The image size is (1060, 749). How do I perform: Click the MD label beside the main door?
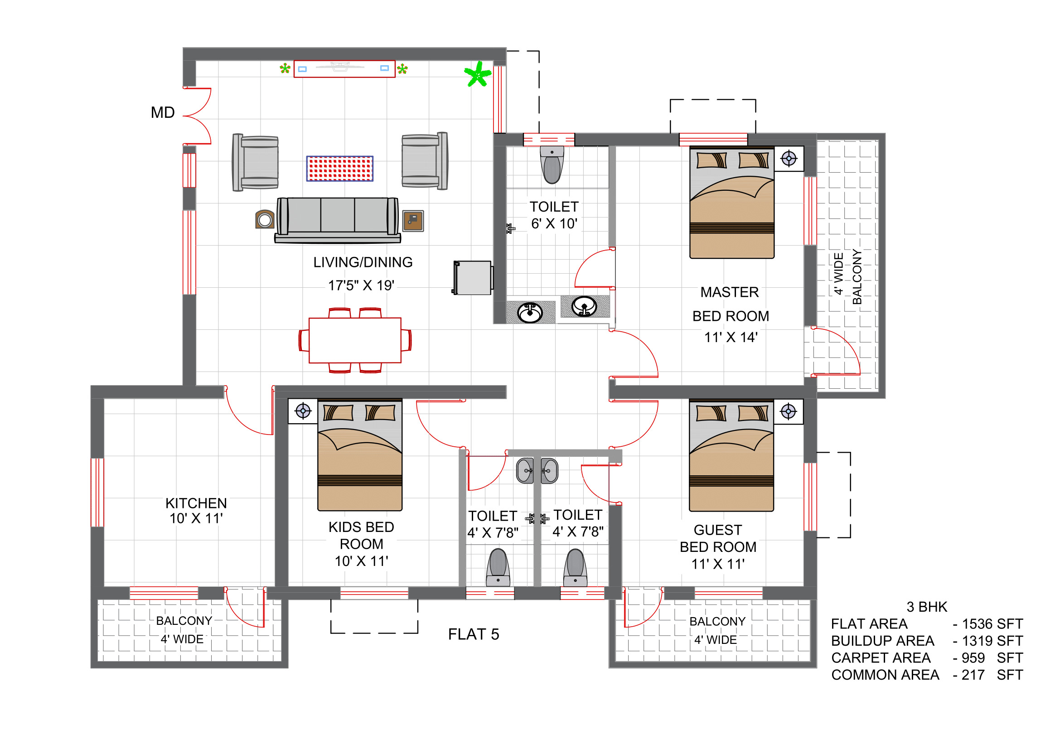(163, 113)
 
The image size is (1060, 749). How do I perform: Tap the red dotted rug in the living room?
(340, 169)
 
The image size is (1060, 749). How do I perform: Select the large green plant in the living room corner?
(477, 74)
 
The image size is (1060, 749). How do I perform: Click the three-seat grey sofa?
(338, 220)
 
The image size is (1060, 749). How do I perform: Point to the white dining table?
(355, 340)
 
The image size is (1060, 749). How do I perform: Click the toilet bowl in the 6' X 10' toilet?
(552, 165)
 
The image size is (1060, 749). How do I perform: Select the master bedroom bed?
(732, 203)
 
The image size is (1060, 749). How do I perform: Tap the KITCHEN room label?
(196, 503)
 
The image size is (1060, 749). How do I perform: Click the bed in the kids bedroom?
(360, 455)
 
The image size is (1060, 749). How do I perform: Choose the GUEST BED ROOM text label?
(718, 538)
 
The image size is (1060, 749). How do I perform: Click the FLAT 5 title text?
(474, 634)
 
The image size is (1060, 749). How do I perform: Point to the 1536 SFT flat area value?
(992, 624)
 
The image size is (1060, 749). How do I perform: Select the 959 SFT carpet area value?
(992, 657)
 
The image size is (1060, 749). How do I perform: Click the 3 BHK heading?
(927, 607)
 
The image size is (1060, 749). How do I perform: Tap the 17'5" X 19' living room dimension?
(361, 285)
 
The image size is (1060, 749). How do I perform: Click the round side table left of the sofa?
(265, 220)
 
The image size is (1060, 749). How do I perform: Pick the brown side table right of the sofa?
(413, 221)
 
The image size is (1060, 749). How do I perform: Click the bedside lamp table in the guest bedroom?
(789, 411)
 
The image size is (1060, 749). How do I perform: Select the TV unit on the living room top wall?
(344, 69)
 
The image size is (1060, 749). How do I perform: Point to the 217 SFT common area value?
(992, 675)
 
